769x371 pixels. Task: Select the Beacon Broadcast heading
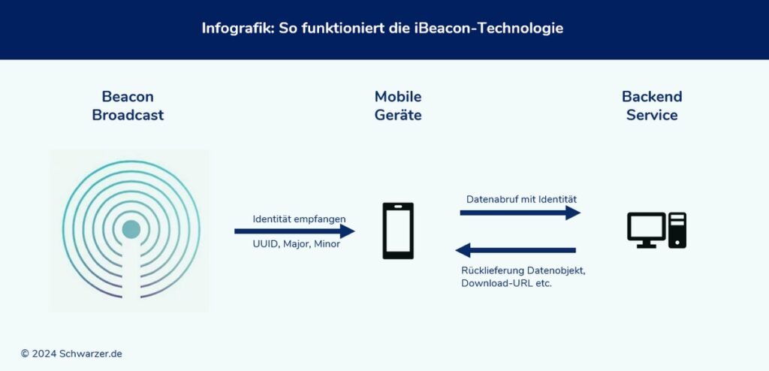coord(128,106)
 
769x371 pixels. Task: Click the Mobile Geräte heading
coord(398,106)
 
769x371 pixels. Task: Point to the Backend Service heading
coord(652,106)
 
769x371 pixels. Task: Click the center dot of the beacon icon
coord(131,229)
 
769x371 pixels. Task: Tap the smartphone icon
coord(398,231)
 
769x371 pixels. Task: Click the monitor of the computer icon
coord(646,228)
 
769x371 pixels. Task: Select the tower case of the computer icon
coord(677,230)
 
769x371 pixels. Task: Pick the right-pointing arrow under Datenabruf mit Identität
coord(520,213)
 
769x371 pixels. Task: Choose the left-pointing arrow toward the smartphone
coord(516,250)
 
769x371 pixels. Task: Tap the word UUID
coord(265,245)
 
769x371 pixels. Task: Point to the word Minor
coord(327,245)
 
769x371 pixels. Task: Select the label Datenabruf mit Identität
coord(521,199)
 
